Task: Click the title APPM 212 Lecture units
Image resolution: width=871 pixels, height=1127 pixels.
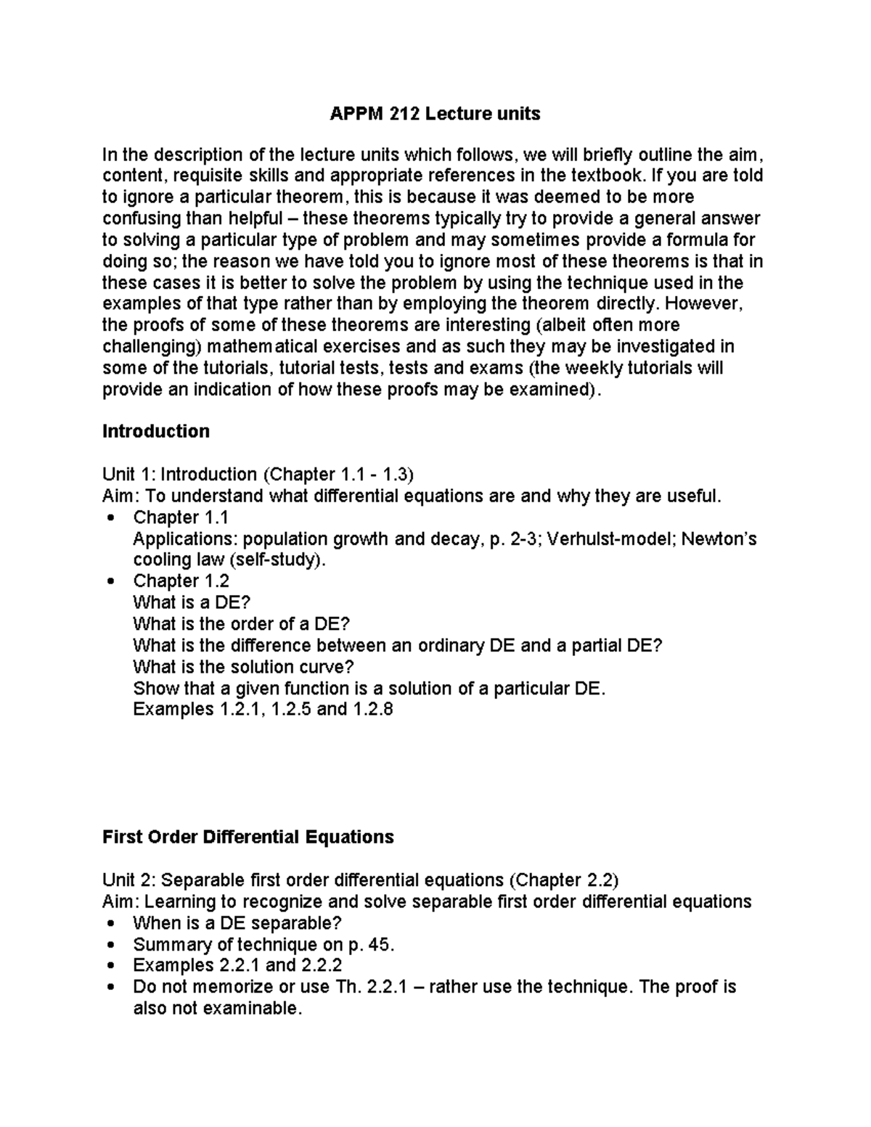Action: click(435, 113)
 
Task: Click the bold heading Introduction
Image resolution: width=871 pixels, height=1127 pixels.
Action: click(156, 431)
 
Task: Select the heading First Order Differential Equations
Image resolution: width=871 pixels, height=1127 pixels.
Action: click(248, 837)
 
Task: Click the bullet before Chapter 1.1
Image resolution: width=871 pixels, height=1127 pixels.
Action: click(110, 518)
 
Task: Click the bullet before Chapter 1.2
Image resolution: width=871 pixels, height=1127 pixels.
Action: click(110, 581)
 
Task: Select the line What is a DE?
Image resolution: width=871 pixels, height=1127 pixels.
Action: click(192, 602)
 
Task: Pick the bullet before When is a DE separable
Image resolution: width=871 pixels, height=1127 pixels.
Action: click(110, 924)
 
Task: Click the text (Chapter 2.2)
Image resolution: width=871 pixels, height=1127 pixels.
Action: click(563, 880)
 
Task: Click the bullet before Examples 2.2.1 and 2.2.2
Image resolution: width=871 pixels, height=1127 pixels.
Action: click(110, 966)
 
